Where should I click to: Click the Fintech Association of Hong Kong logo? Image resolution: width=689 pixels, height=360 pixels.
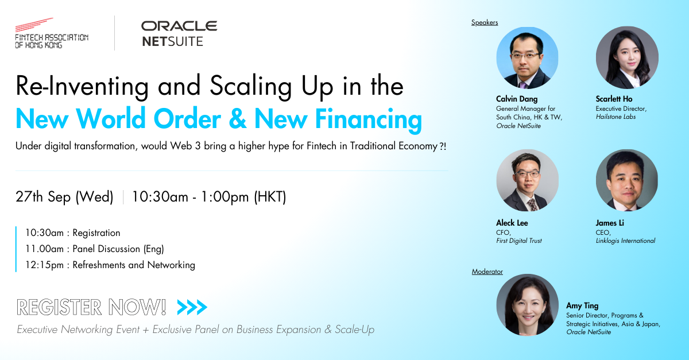(51, 33)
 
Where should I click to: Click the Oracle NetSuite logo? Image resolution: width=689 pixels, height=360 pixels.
(179, 33)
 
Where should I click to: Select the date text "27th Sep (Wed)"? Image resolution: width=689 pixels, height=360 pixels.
(64, 197)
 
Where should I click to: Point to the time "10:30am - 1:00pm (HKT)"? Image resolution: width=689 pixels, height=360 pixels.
(209, 197)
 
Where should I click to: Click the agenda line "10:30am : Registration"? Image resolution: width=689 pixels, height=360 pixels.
(72, 233)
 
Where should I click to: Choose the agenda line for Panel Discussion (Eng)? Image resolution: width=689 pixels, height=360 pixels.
(94, 249)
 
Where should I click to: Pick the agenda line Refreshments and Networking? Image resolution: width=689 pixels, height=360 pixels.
(110, 265)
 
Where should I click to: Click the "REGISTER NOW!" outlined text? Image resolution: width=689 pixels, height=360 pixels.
(92, 308)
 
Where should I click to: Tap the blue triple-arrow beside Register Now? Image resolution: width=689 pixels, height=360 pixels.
(192, 308)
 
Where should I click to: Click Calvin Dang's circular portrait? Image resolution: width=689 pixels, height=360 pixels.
(527, 58)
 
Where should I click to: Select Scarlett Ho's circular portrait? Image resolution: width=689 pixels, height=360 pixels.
(627, 58)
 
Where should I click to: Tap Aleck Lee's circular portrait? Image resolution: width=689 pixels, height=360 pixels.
(527, 180)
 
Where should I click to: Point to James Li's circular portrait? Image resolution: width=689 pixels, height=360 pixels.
(627, 180)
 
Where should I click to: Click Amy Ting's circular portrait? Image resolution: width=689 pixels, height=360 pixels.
(527, 305)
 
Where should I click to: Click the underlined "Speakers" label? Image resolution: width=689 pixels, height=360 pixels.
(485, 22)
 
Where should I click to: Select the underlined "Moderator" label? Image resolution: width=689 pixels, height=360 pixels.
(487, 272)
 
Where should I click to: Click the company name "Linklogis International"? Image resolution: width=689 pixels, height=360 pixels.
(625, 241)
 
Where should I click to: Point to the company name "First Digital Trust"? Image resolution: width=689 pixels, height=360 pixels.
(519, 241)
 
